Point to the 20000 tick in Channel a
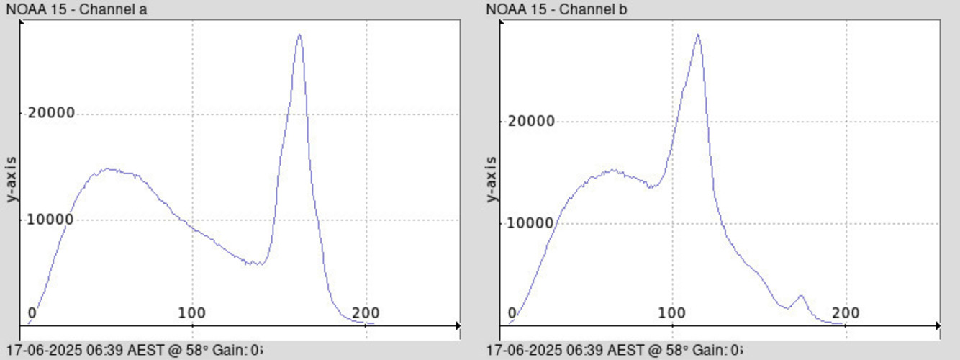click(x=51, y=114)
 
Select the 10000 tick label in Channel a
click(x=51, y=220)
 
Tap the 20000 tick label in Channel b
click(x=531, y=121)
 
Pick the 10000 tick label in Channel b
click(x=531, y=223)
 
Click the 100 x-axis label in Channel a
click(x=192, y=313)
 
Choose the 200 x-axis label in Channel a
click(x=366, y=313)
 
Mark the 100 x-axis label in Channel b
click(x=672, y=313)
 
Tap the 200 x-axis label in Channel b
click(x=846, y=313)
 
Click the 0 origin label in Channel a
click(x=32, y=313)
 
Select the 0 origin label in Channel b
click(x=512, y=313)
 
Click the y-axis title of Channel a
click(x=12, y=178)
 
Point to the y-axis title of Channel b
click(x=492, y=178)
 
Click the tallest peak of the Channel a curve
click(x=299, y=35)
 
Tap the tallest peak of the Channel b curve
click(x=697, y=35)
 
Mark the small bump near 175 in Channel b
click(x=801, y=295)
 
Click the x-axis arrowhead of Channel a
click(x=457, y=326)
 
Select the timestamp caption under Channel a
click(x=133, y=351)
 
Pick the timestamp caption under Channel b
click(x=613, y=351)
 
